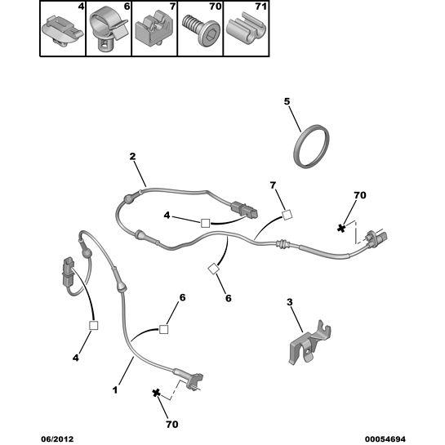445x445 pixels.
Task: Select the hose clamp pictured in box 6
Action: [x=107, y=31]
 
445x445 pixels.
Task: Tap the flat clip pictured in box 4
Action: [x=62, y=31]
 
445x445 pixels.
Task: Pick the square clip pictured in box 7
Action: [x=154, y=30]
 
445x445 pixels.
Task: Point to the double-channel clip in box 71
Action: [x=247, y=29]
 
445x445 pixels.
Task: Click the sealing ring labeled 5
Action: [x=311, y=146]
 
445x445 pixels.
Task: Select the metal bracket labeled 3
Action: [x=309, y=343]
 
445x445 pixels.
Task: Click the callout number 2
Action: [x=132, y=157]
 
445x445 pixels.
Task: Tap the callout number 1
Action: [x=115, y=390]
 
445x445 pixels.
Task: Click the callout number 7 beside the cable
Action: [x=273, y=185]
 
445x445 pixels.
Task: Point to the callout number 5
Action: [x=287, y=101]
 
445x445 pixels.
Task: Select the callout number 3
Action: [x=290, y=302]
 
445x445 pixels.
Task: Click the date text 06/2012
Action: [x=57, y=439]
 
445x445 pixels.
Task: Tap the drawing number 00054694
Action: [x=385, y=439]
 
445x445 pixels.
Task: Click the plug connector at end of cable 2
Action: [x=245, y=210]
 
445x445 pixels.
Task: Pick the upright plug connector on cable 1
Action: [x=68, y=271]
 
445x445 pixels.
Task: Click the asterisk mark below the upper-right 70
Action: [x=341, y=228]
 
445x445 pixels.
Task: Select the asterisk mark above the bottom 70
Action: [x=156, y=393]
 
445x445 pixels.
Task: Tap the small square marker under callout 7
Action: [x=287, y=215]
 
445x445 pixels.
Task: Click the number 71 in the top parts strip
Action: [x=261, y=7]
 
